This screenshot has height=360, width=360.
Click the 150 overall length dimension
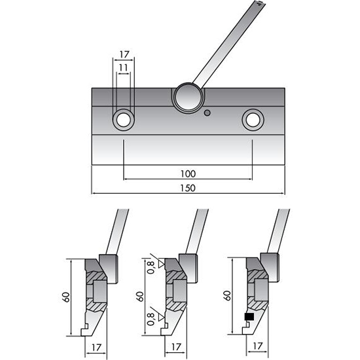[x=188, y=188]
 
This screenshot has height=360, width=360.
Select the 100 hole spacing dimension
[x=188, y=174]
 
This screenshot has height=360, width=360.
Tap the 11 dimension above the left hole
[x=123, y=66]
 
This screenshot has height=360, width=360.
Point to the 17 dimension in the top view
[x=123, y=54]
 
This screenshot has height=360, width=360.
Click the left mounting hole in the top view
[x=123, y=119]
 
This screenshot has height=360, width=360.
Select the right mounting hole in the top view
[x=253, y=119]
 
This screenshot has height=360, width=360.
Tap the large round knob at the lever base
[x=188, y=97]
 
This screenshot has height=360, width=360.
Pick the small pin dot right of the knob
[x=207, y=113]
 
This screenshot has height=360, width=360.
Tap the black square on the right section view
[x=249, y=318]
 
